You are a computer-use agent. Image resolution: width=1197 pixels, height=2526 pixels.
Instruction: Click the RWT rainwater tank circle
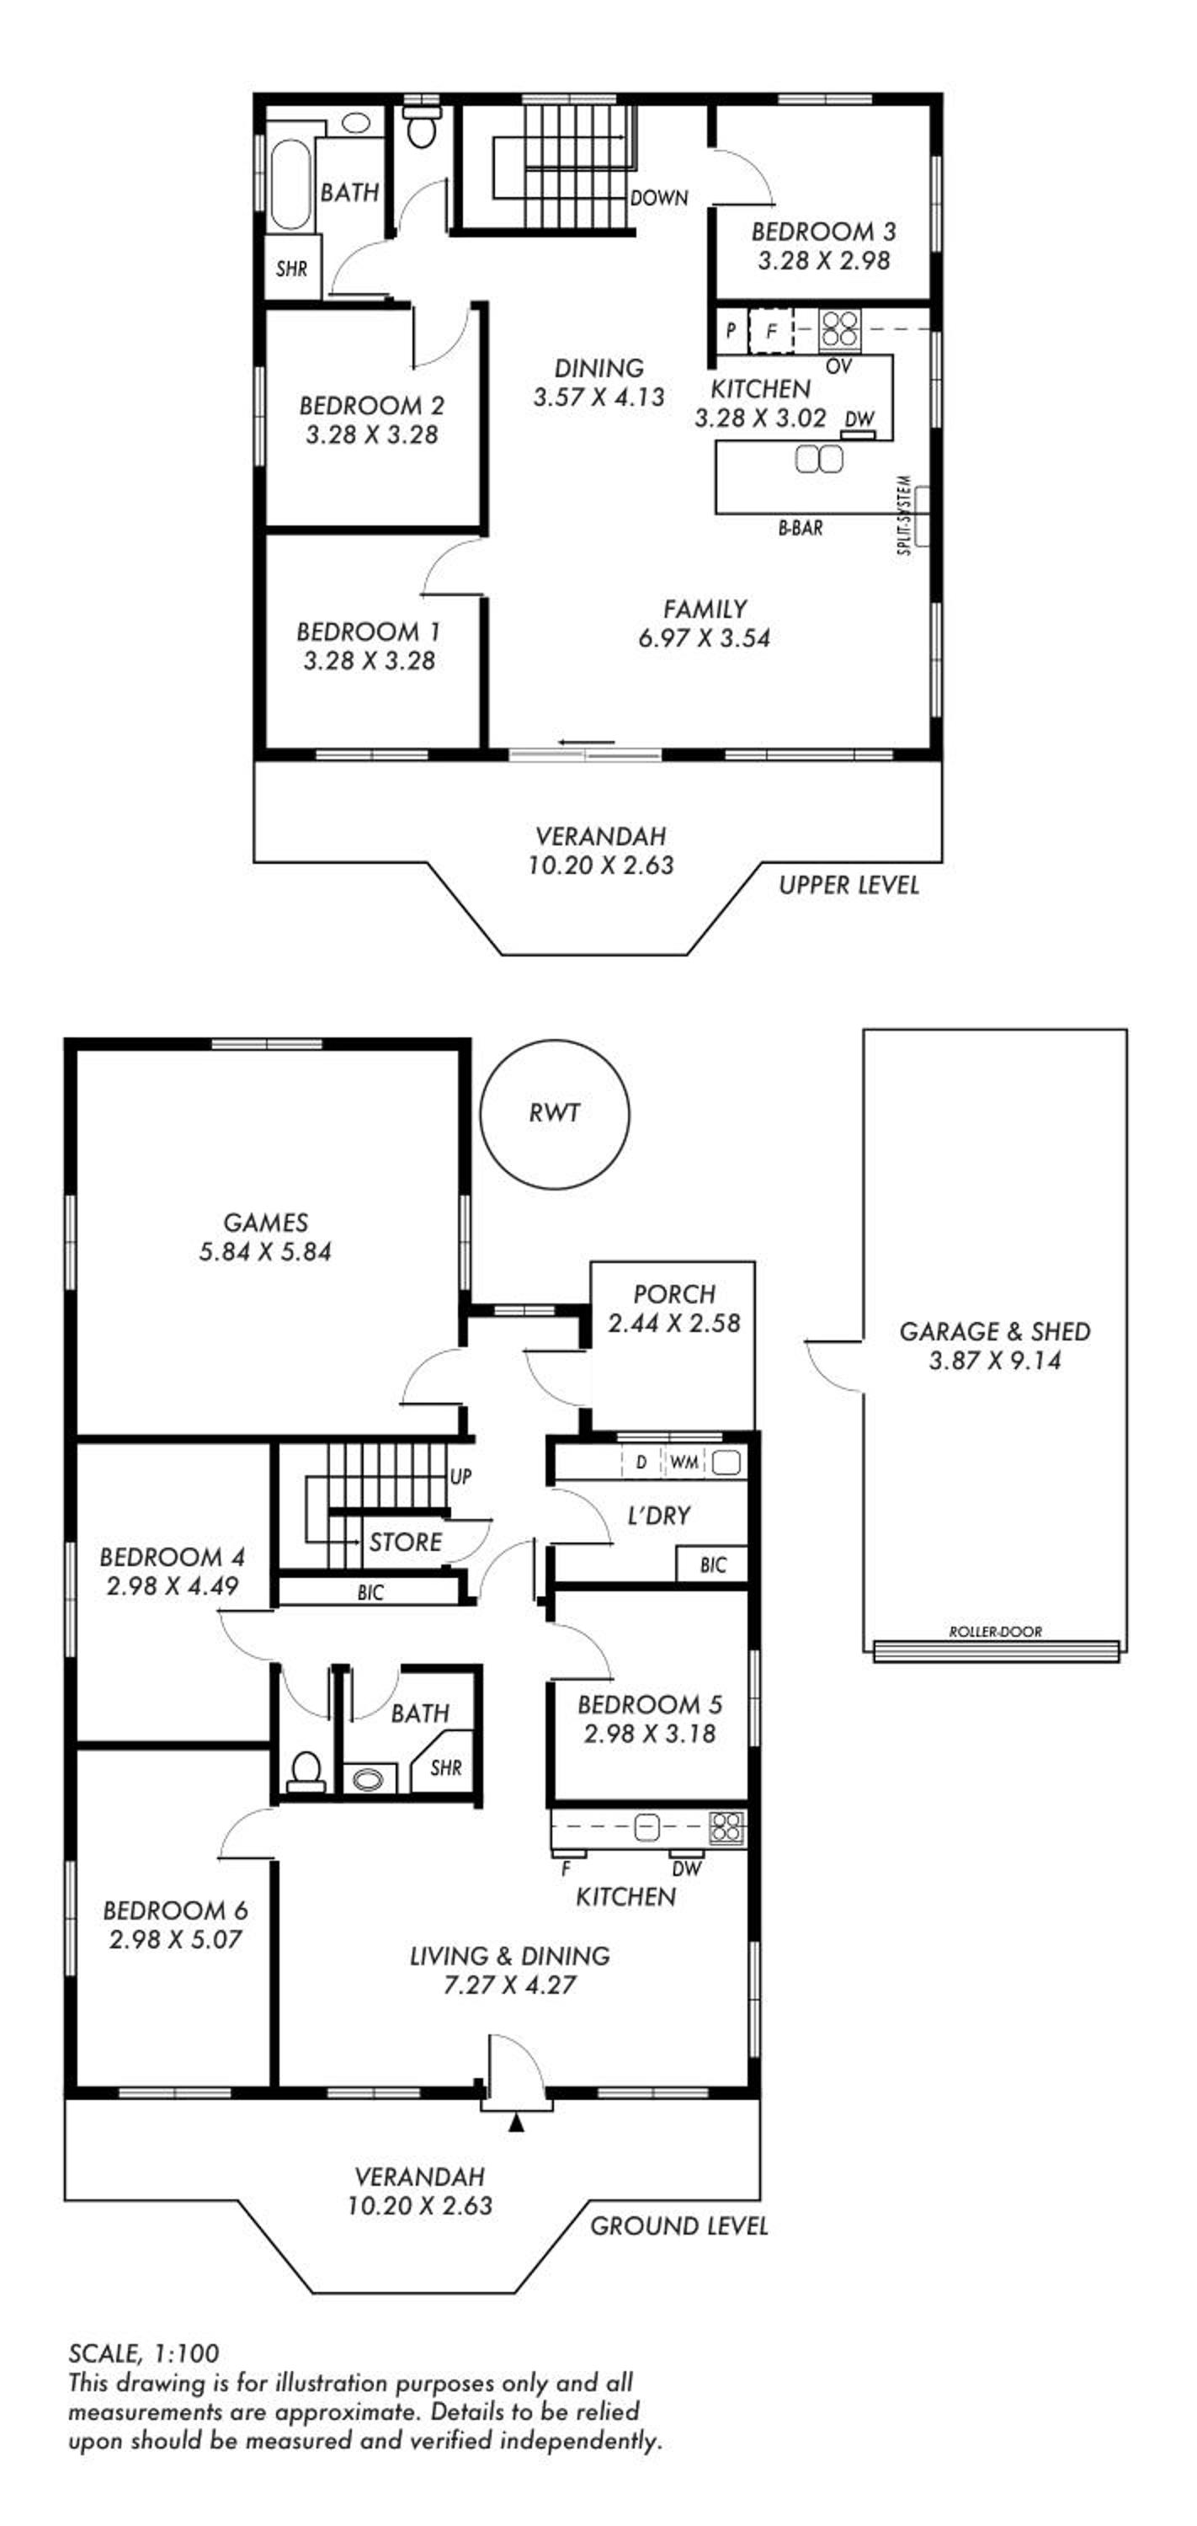555,1114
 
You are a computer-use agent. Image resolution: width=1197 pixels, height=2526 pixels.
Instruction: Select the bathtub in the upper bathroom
290,185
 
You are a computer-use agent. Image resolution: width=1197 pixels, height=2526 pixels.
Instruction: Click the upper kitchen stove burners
839,329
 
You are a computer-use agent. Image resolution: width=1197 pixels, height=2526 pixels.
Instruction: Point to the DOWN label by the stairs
659,198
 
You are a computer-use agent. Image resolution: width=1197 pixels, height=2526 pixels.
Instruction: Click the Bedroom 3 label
823,232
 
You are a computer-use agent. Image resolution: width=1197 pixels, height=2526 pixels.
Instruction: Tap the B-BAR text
800,528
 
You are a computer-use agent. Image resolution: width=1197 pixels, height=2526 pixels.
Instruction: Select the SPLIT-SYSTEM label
905,516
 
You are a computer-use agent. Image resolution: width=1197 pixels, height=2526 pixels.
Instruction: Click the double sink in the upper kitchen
818,459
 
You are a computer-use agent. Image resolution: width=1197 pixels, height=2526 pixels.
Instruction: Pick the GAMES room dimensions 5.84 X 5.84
266,1251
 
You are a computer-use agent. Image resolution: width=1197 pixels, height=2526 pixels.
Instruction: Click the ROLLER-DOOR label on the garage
995,1633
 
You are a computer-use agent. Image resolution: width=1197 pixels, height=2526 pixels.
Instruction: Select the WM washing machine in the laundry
684,1462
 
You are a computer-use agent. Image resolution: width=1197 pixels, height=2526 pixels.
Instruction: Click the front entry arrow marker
517,2123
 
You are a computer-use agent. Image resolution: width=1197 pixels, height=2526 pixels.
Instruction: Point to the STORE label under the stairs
406,1543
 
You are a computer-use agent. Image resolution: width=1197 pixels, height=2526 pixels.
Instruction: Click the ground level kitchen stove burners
726,1828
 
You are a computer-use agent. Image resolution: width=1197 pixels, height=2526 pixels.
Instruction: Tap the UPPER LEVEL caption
849,886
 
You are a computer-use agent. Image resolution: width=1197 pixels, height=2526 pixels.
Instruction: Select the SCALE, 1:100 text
144,2353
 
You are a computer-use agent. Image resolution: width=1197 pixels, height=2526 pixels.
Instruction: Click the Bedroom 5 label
650,1704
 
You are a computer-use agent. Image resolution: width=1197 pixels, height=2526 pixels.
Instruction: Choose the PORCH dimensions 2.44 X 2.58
673,1323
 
